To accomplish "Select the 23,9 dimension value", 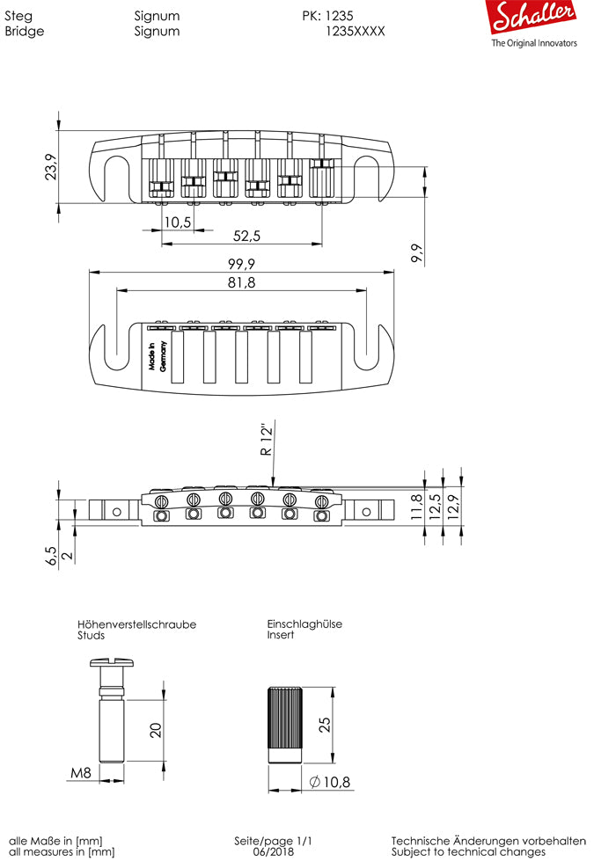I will (50, 166).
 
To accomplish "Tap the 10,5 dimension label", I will (178, 223).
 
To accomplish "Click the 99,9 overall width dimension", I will (240, 265).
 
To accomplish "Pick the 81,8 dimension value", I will (240, 282).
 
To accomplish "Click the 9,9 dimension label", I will (417, 254).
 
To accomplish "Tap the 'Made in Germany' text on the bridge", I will (157, 358).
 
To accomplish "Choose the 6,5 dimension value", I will (50, 556).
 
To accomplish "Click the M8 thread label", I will (81, 773).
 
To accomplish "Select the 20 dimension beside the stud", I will (157, 729).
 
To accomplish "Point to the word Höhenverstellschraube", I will (136, 624).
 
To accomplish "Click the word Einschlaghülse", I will (304, 624).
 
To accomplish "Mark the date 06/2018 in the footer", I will (273, 851).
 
